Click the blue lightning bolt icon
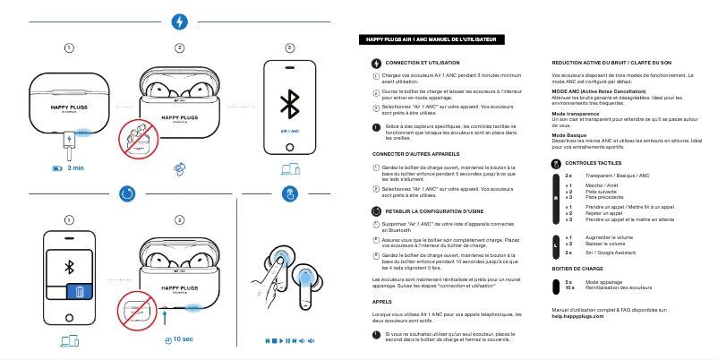point(179,21)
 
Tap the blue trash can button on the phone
point(80,292)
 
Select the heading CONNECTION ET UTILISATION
point(422,63)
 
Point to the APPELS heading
point(382,302)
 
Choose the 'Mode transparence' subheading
point(576,114)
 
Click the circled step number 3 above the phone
point(289,47)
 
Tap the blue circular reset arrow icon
point(126,193)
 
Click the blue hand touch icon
point(289,193)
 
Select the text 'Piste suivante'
point(602,191)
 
